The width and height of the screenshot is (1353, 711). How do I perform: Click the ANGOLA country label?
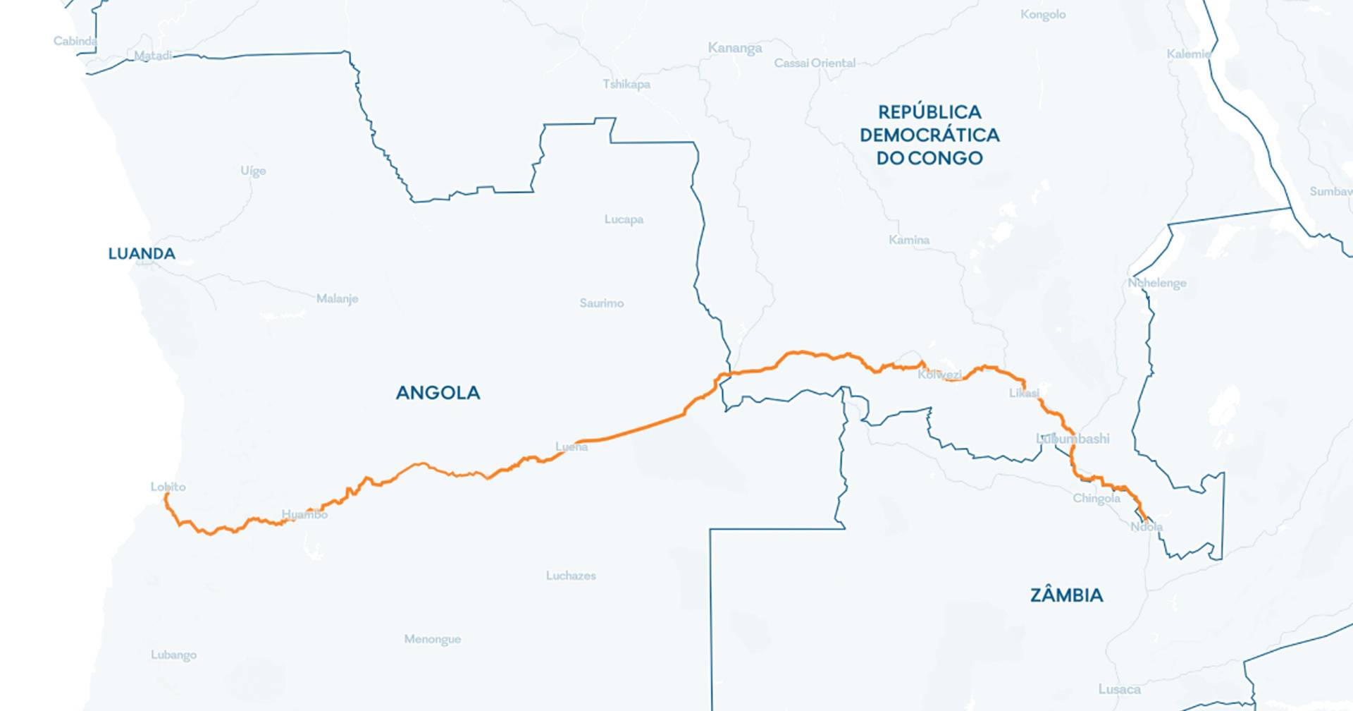click(438, 393)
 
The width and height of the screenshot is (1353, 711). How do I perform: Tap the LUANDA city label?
click(142, 254)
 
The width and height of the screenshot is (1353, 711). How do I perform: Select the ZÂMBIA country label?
click(1066, 595)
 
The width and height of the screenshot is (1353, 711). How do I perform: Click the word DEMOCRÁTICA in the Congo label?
click(929, 135)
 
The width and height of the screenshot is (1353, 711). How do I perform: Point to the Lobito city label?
click(168, 487)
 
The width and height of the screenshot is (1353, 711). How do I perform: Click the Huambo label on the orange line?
click(304, 514)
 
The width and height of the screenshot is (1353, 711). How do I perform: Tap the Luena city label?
click(571, 446)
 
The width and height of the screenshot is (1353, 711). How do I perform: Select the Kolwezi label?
click(939, 375)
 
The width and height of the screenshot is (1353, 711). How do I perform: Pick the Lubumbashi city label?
click(1073, 439)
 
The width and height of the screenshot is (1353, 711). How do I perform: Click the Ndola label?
click(1147, 527)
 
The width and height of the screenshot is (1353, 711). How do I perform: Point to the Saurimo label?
click(601, 303)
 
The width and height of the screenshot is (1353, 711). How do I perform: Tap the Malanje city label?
click(337, 299)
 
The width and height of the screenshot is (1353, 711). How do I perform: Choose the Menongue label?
click(432, 639)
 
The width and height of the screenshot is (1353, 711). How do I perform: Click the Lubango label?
click(173, 655)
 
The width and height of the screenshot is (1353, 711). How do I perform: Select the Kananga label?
click(735, 48)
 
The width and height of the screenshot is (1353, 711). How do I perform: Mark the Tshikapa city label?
click(626, 85)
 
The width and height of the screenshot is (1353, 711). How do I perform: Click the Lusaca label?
click(1119, 689)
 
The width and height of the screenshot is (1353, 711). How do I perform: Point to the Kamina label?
click(908, 240)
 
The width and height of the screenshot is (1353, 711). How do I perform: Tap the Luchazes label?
click(571, 576)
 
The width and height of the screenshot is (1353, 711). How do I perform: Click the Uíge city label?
click(253, 171)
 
